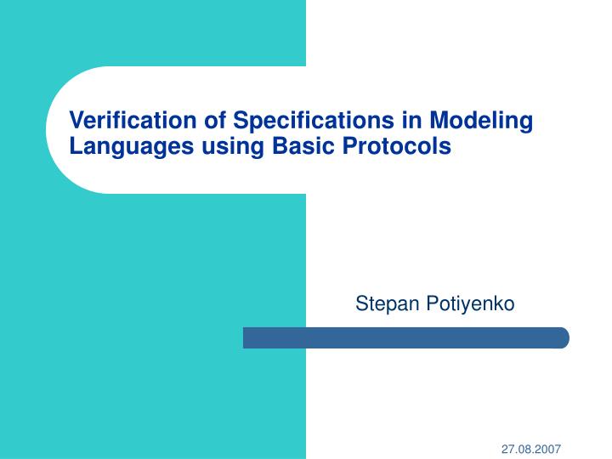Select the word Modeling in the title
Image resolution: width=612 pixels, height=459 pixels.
tap(481, 121)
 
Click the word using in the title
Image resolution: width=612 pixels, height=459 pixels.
tap(233, 147)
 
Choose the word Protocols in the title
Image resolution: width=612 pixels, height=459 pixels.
tap(396, 147)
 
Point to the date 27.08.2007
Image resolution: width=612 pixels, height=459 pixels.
tap(530, 448)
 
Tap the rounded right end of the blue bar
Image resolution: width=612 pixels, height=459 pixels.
tap(563, 337)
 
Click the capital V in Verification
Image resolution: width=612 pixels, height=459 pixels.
tap(76, 121)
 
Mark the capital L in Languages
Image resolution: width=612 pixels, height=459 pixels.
tap(76, 147)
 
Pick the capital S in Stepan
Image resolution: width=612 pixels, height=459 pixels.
tap(360, 303)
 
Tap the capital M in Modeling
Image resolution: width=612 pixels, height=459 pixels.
tap(439, 121)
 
